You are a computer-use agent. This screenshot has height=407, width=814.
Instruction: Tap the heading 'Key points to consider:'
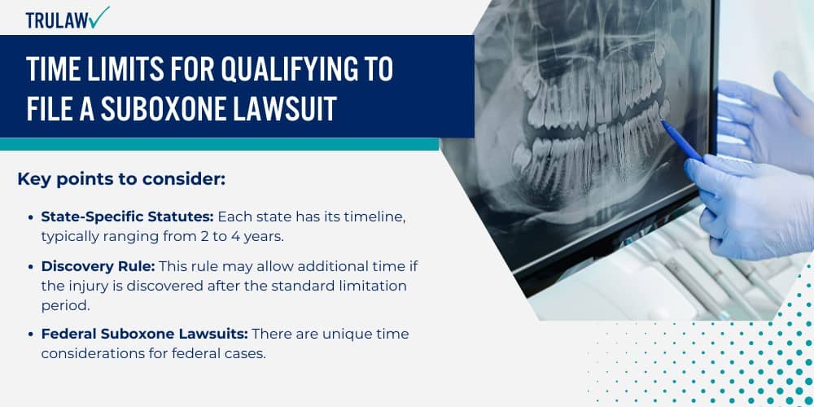121,179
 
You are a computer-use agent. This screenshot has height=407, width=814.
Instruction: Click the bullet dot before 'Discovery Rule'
32,268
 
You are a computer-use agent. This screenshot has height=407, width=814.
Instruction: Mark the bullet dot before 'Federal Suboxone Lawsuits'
32,334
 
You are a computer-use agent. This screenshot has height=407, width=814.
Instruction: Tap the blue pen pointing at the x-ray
682,140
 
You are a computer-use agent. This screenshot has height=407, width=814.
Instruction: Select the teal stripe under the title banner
220,144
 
